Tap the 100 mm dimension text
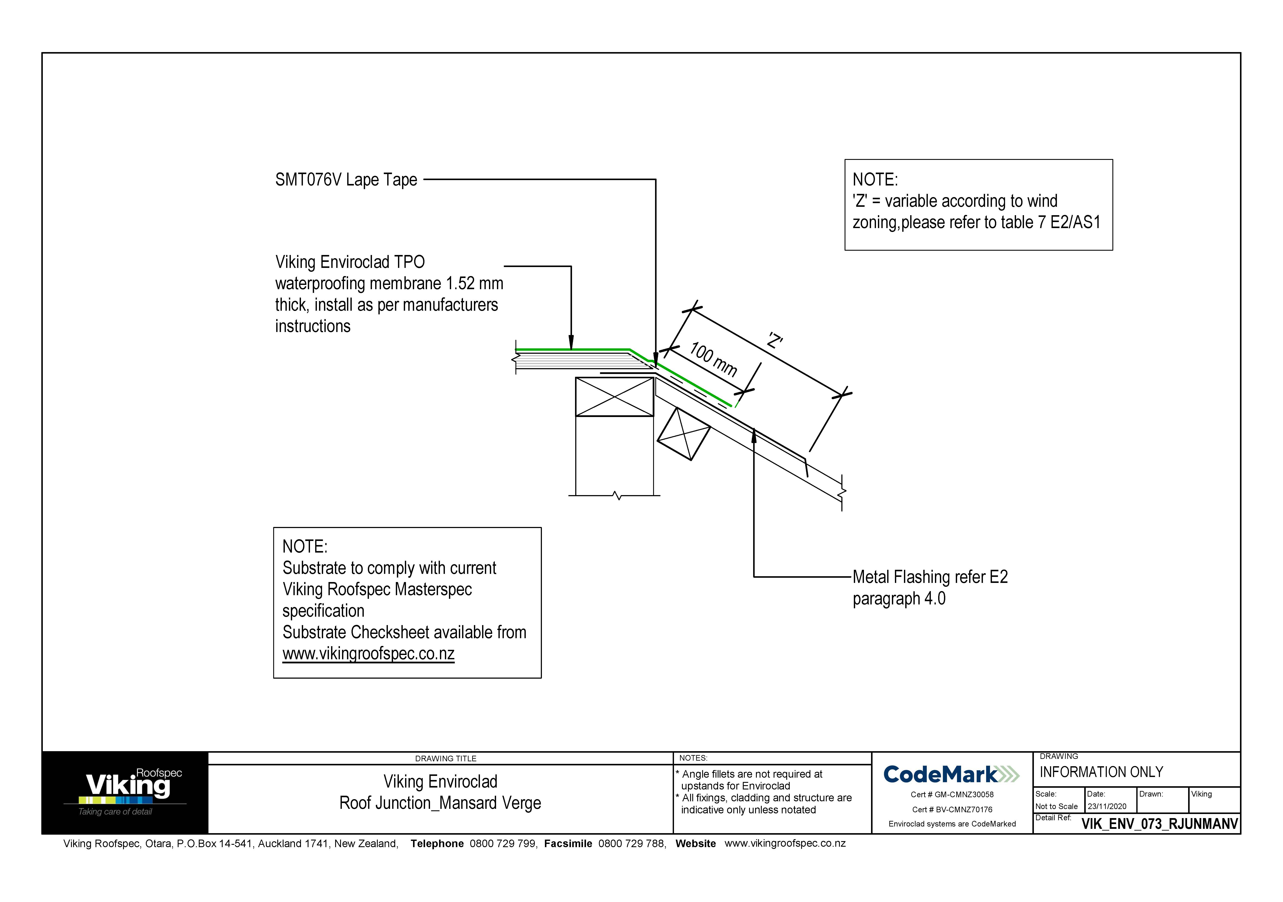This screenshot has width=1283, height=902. (713, 359)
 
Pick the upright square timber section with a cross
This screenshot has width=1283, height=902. (615, 397)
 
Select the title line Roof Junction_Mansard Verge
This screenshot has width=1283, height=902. (440, 803)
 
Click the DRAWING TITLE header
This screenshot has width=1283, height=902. (446, 758)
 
